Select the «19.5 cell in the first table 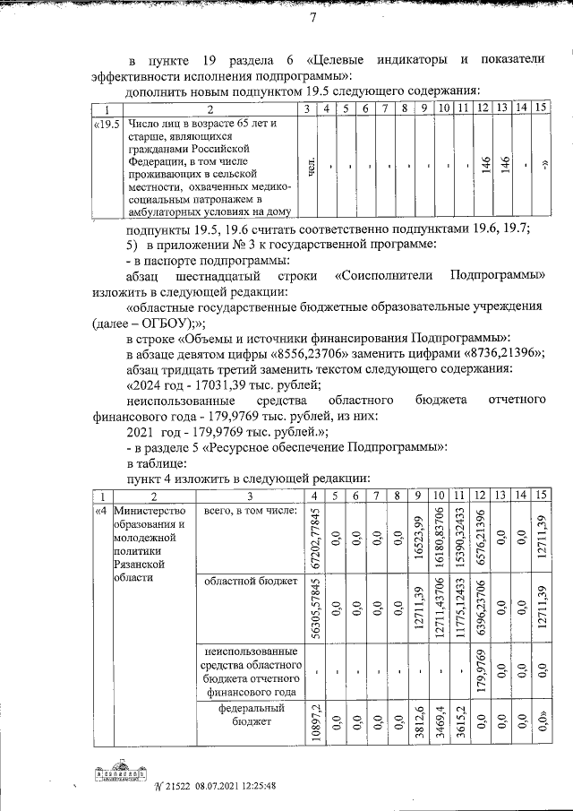[x=107, y=123]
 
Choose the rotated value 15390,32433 [x=459, y=538]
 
